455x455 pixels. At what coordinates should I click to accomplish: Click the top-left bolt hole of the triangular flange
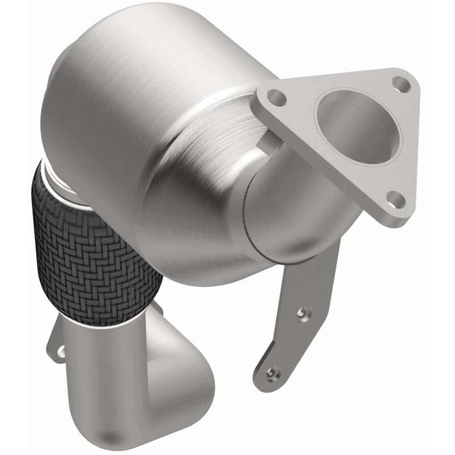click(276, 97)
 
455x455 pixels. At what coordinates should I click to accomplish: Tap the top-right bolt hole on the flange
click(402, 84)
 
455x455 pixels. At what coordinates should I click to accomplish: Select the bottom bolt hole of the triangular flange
click(396, 198)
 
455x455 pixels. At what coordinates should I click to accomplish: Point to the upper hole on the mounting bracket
click(304, 313)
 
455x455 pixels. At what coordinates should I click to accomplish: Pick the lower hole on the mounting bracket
click(274, 373)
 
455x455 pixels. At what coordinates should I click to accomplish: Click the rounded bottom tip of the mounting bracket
click(267, 384)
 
